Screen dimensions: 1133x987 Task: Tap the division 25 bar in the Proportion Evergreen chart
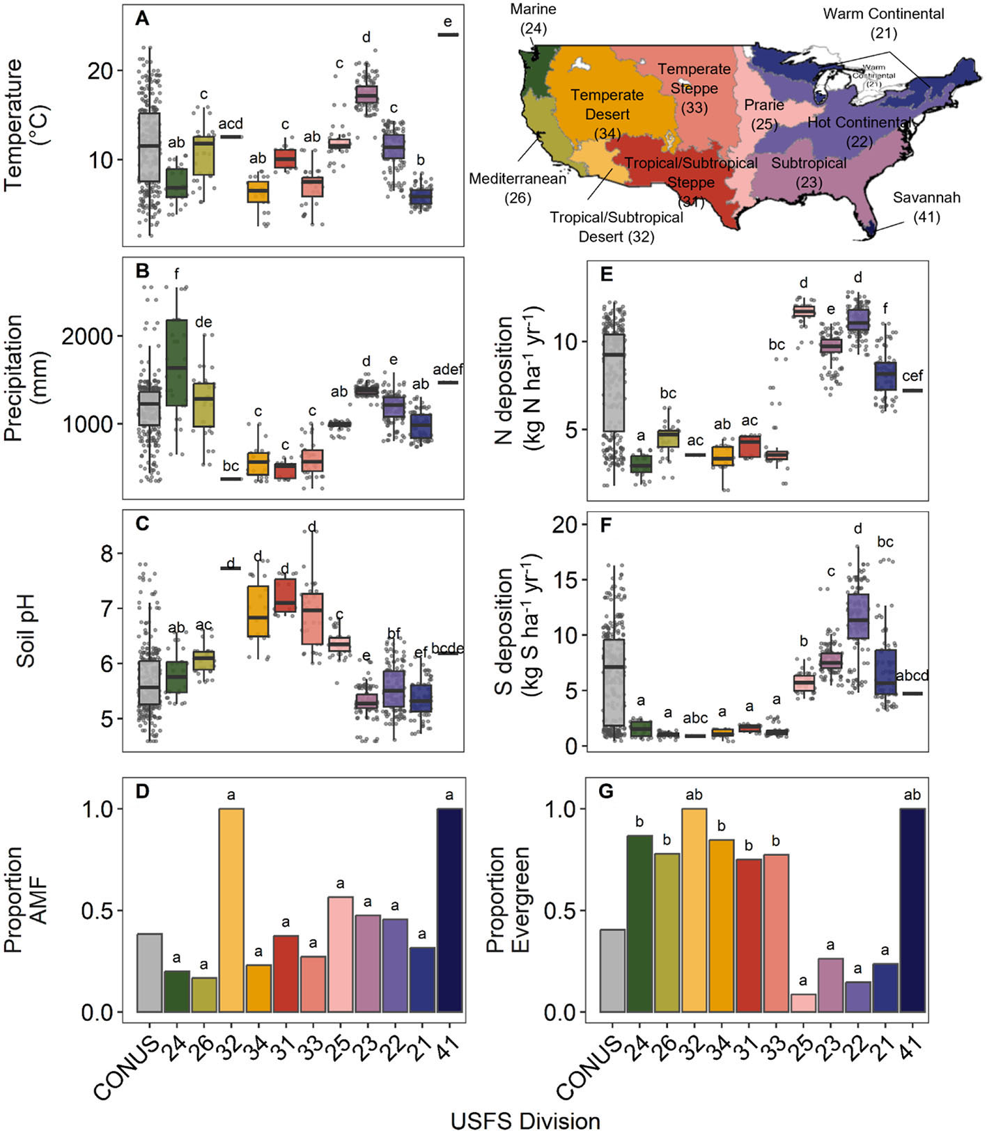click(x=803, y=1003)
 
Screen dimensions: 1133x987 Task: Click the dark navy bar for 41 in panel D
click(x=449, y=909)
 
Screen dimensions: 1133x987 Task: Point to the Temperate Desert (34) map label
click(x=607, y=114)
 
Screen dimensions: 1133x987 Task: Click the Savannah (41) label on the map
click(x=926, y=207)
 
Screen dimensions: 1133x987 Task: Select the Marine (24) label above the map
click(x=534, y=19)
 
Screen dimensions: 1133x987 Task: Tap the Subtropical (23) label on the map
click(x=809, y=173)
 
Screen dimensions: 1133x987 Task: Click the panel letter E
click(x=607, y=274)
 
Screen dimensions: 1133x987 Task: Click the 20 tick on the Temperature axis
click(x=101, y=70)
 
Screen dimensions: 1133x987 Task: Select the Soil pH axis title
click(x=26, y=630)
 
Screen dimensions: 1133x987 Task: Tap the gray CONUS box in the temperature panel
click(x=149, y=147)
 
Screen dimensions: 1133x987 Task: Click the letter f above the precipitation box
click(x=176, y=274)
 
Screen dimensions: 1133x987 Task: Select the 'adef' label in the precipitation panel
click(x=448, y=369)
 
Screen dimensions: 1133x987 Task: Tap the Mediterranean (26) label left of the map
click(x=518, y=188)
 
